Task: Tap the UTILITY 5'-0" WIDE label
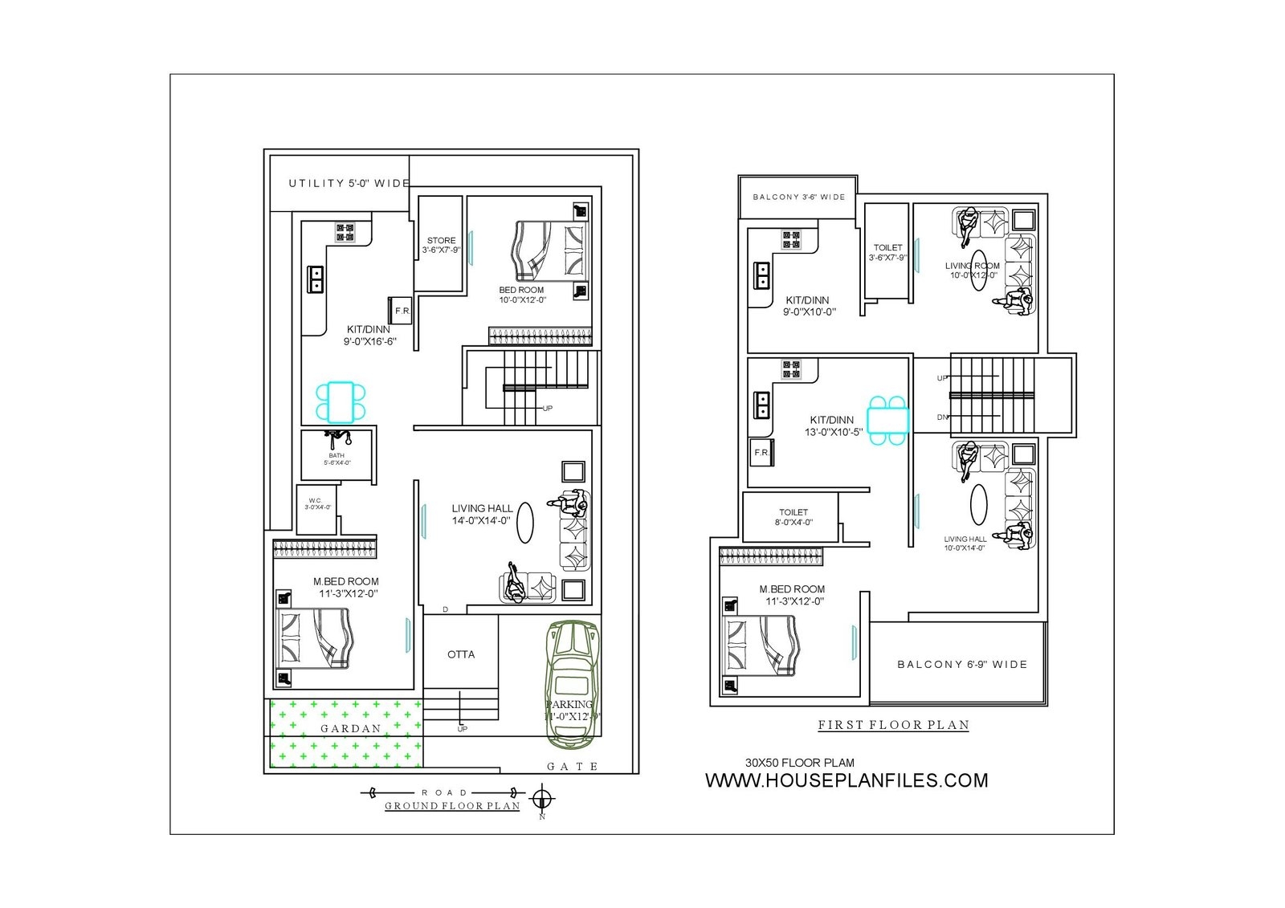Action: (x=349, y=184)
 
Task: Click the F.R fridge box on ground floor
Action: (x=402, y=311)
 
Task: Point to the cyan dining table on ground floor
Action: (x=341, y=401)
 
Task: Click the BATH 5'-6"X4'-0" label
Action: (x=337, y=459)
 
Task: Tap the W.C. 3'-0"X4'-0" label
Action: (x=316, y=504)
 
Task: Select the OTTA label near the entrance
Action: (x=461, y=654)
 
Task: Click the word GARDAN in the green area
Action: (x=351, y=729)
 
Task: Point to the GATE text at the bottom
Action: (x=572, y=767)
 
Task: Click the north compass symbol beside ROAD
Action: (x=543, y=799)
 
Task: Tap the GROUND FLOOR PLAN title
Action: (x=452, y=806)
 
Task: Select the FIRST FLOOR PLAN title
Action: (x=893, y=725)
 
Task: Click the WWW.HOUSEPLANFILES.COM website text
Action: (x=846, y=780)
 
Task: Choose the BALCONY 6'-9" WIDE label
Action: (x=961, y=665)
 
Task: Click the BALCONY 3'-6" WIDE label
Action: (x=798, y=197)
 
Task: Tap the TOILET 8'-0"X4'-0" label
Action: (x=793, y=517)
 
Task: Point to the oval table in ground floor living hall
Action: (x=524, y=523)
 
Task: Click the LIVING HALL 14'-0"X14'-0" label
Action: (x=481, y=514)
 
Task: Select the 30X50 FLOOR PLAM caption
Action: (x=799, y=763)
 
